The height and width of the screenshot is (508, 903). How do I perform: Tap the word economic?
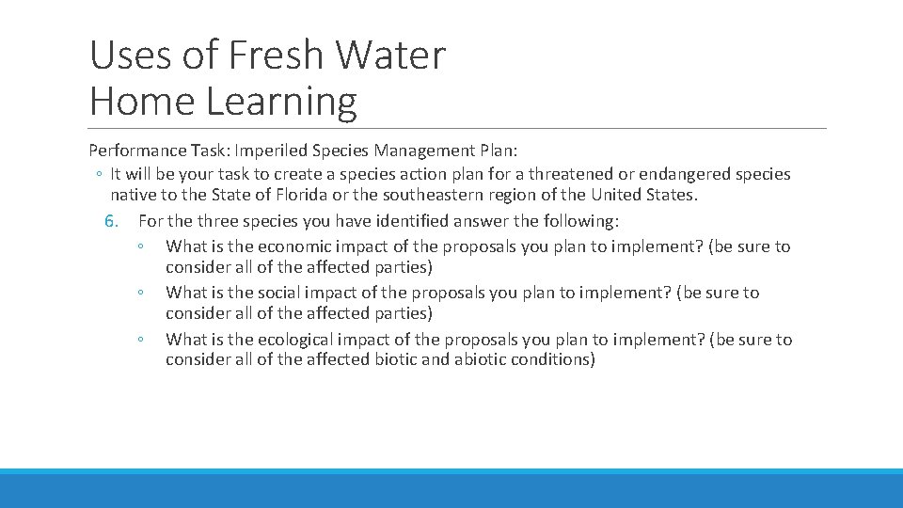click(296, 246)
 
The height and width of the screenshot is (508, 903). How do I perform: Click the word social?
click(279, 293)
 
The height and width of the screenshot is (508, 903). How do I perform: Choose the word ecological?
click(300, 340)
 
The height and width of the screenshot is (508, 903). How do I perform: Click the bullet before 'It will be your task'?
click(99, 174)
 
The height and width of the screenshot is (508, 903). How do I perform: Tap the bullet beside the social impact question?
click(138, 293)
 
